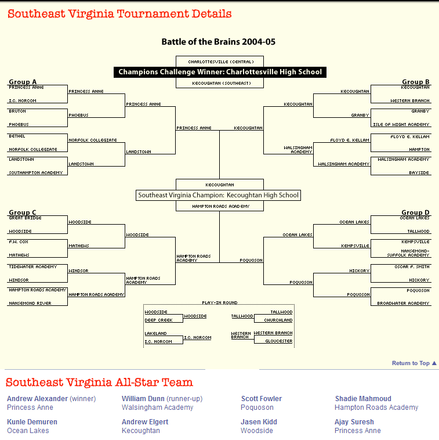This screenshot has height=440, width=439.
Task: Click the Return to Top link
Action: click(413, 363)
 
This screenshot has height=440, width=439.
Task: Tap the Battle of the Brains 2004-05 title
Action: click(218, 42)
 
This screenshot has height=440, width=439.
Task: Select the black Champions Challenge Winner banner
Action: click(220, 72)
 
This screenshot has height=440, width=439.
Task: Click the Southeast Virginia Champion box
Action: click(219, 196)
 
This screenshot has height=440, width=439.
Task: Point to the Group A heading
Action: click(23, 82)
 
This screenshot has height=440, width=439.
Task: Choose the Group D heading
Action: click(416, 212)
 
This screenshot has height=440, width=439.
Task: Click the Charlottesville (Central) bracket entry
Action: click(219, 62)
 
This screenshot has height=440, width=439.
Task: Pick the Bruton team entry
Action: click(17, 111)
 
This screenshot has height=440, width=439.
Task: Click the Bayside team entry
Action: click(419, 172)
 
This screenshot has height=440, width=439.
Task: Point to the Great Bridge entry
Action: click(24, 218)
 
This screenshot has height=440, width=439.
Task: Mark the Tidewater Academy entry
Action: click(33, 266)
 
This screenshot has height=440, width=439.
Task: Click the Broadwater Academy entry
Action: click(404, 303)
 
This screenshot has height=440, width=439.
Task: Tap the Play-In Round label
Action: click(219, 303)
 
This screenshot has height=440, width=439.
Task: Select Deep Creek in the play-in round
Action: click(158, 320)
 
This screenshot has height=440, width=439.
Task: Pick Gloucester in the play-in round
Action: click(278, 341)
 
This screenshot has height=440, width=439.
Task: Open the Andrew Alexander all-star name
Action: click(37, 399)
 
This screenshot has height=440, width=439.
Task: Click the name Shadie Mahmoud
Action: click(363, 399)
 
